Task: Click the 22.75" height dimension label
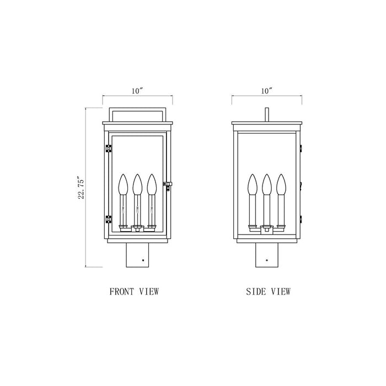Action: [x=81, y=187]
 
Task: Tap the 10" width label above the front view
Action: [x=137, y=91]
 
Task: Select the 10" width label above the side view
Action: [x=267, y=91]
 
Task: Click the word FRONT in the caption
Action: [x=122, y=292]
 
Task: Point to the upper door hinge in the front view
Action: [x=108, y=148]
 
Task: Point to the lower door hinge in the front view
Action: [x=108, y=219]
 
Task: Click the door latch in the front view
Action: [x=168, y=185]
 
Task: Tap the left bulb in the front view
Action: [x=123, y=185]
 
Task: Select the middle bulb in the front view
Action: [x=137, y=185]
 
